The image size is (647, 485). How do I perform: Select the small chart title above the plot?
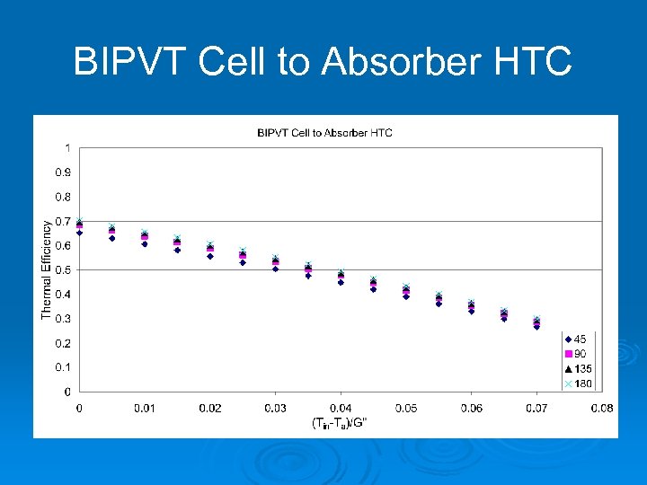coord(324,133)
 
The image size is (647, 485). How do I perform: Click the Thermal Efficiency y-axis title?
coord(47,269)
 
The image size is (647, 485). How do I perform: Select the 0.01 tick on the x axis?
coord(145,409)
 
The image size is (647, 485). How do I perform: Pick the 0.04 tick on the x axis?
coord(341,409)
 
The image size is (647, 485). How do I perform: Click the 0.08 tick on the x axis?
coord(601,409)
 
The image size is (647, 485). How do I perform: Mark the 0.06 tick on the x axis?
coord(471,409)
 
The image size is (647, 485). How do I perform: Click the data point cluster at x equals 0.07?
coord(536,323)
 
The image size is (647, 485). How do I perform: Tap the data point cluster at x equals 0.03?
coord(275,263)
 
